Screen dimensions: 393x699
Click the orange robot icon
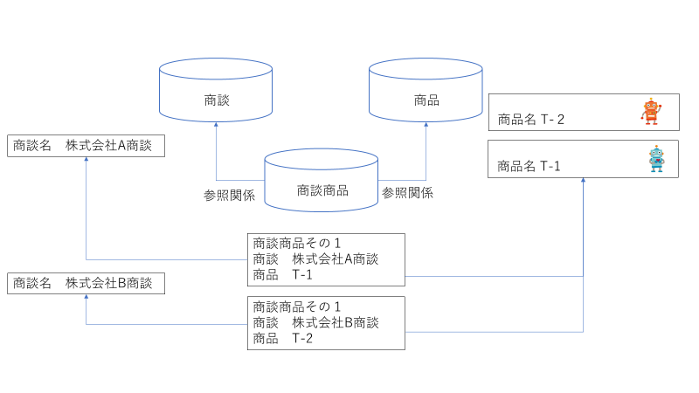coord(651,112)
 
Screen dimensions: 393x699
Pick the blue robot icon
coord(656,159)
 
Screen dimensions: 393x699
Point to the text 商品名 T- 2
coord(531,119)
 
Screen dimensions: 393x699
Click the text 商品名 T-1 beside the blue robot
coord(529,166)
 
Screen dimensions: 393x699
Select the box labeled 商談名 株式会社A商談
coord(86,146)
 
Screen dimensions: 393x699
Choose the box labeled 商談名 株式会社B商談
coord(86,283)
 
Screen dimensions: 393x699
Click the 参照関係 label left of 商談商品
coord(229,195)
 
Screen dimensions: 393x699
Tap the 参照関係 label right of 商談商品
coord(407,193)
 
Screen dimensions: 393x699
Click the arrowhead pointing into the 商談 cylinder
coord(217,126)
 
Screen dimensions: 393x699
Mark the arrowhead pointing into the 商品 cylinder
coord(426,126)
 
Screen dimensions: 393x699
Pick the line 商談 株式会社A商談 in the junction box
coord(315,259)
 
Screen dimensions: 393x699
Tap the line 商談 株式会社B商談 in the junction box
coord(315,322)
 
